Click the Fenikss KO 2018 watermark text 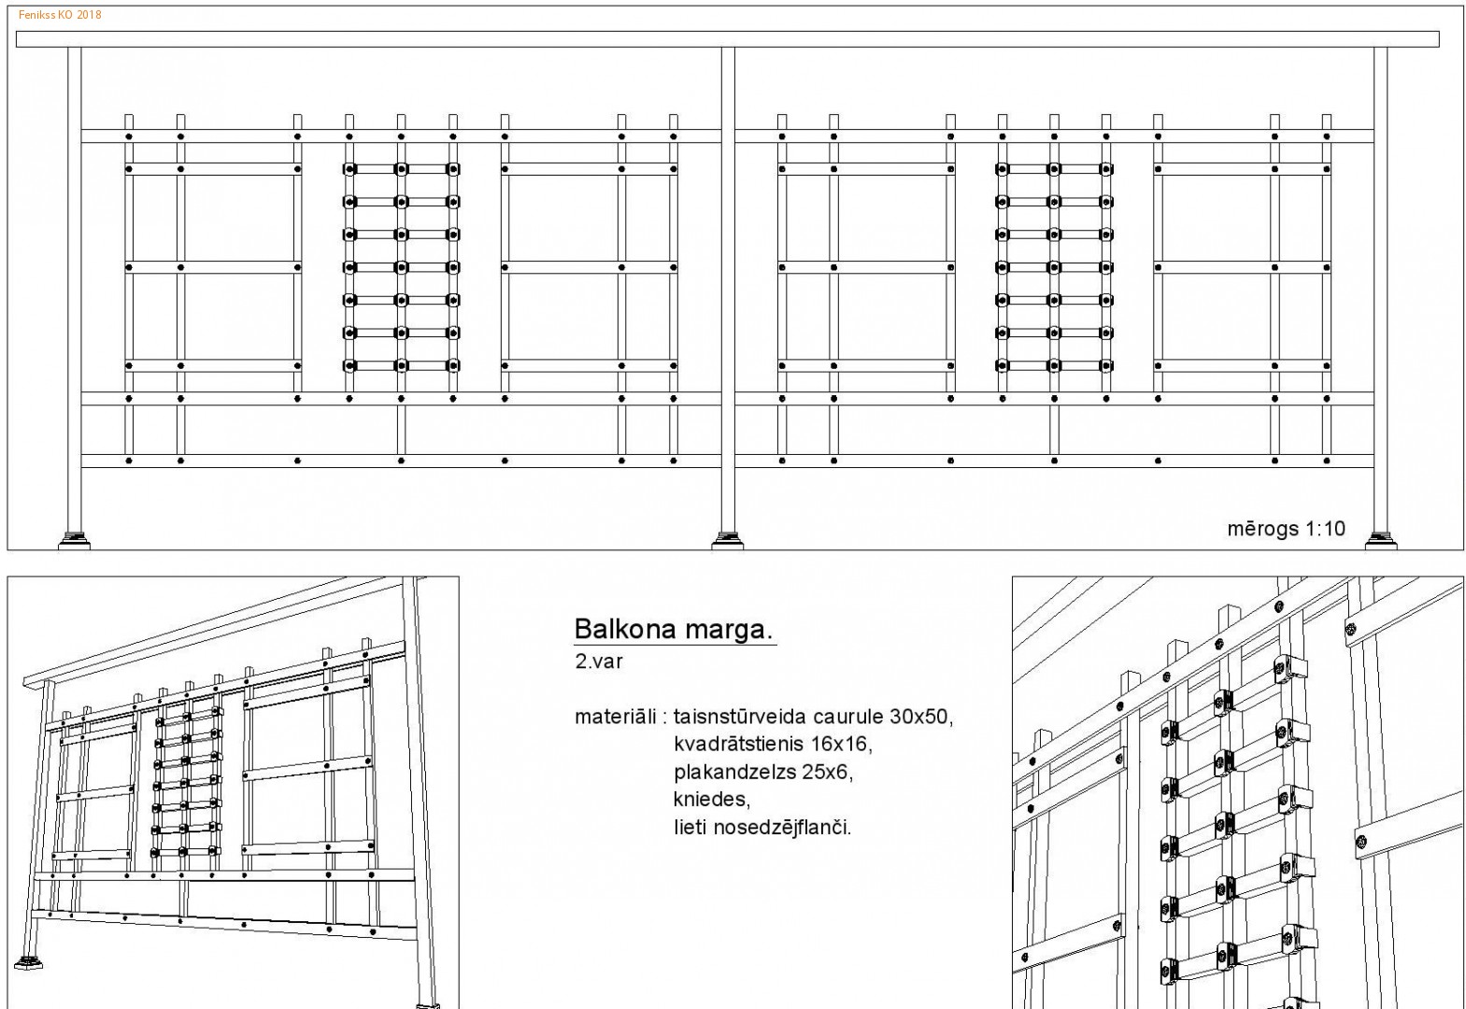click(x=60, y=14)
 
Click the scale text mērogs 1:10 click(x=1286, y=528)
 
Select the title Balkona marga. click(x=674, y=629)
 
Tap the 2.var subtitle click(x=598, y=661)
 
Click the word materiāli click(x=615, y=717)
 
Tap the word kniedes click(x=711, y=799)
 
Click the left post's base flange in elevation click(x=74, y=541)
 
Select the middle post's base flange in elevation click(x=727, y=541)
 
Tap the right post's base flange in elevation click(x=1381, y=541)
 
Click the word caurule click(x=847, y=717)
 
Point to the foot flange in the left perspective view click(x=28, y=962)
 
